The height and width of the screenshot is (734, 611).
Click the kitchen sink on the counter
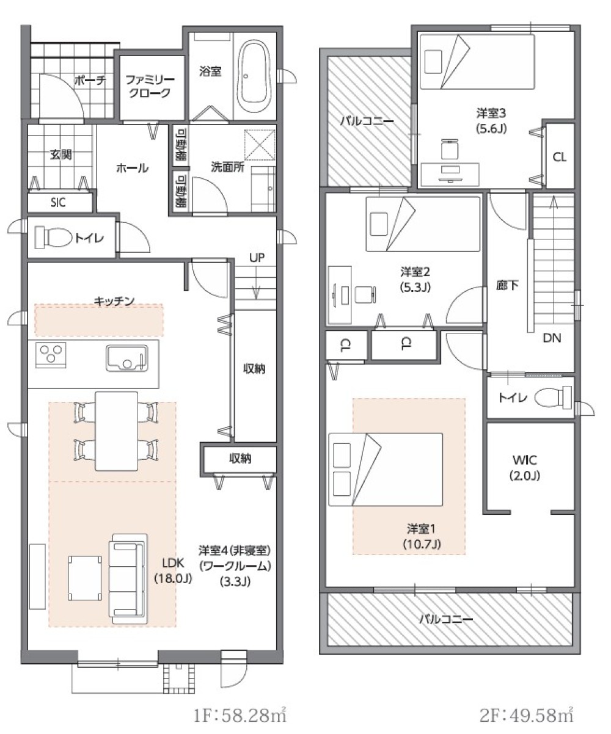[x=126, y=358]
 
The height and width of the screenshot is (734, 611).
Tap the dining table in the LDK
[x=115, y=431]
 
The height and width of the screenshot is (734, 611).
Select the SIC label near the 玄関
[x=60, y=202]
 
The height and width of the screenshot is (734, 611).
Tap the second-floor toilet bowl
[x=553, y=398]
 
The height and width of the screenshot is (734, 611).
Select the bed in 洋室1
[x=386, y=469]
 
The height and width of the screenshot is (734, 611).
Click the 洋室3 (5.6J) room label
[x=492, y=120]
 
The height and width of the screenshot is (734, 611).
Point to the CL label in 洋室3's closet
[x=559, y=157]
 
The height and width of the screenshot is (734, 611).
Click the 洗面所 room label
[x=228, y=167]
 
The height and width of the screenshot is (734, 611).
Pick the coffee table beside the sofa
[x=84, y=577]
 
